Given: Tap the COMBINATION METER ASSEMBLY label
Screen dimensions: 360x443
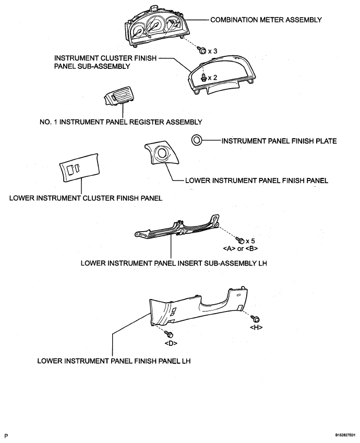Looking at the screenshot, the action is (x=266, y=20).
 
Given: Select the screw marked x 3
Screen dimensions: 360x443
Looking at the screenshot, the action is (x=202, y=51).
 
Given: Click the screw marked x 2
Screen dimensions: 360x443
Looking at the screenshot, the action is (x=203, y=77).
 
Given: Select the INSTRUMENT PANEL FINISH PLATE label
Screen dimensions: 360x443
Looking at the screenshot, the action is (x=279, y=141).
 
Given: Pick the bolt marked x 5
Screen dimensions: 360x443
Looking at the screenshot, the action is (x=241, y=241).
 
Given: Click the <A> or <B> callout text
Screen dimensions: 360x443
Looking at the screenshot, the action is (x=240, y=248).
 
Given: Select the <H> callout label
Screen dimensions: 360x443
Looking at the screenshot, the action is (x=256, y=328).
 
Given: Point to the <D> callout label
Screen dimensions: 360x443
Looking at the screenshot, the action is (x=171, y=343).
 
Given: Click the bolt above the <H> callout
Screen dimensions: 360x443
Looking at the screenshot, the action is (x=256, y=319).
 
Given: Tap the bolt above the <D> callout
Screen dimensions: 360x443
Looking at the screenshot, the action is (x=170, y=334).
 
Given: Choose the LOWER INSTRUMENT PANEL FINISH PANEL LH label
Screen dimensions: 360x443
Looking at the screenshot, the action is (x=114, y=361).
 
